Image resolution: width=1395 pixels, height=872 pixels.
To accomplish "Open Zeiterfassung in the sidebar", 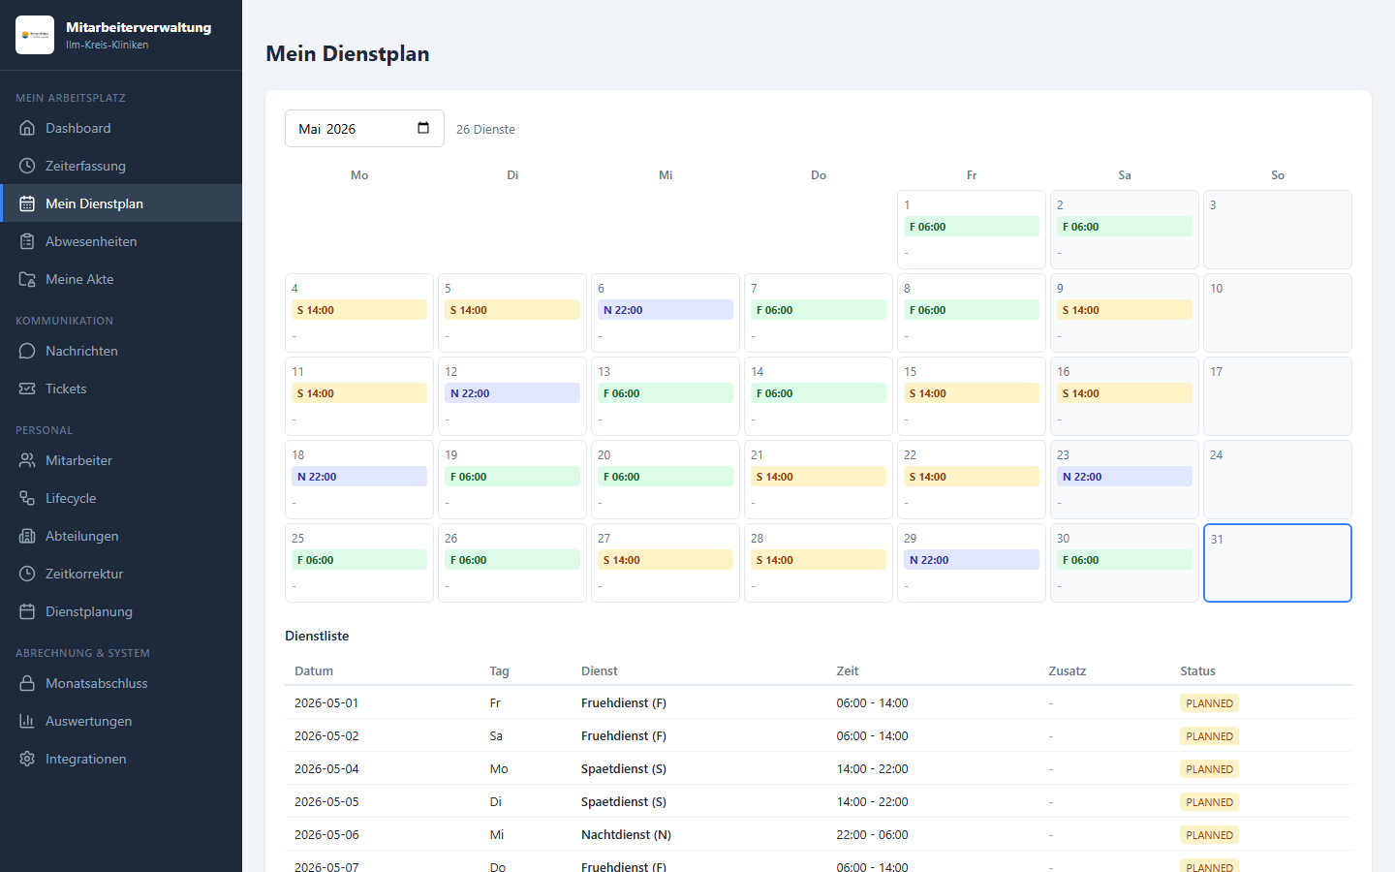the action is pyautogui.click(x=85, y=166).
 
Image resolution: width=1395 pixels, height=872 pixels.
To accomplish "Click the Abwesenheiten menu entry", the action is pyautogui.click(x=91, y=241).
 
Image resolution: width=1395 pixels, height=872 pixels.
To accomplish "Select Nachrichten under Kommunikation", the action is pyautogui.click(x=81, y=351).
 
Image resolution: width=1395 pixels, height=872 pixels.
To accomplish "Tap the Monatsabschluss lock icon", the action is pyautogui.click(x=27, y=683).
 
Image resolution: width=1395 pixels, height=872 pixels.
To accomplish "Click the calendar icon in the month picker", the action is pyautogui.click(x=423, y=128).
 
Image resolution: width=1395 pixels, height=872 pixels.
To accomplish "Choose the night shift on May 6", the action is pyautogui.click(x=666, y=310).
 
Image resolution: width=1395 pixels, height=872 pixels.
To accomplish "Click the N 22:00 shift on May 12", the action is pyautogui.click(x=511, y=393).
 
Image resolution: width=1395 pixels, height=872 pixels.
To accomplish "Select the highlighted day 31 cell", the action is pyautogui.click(x=1277, y=563).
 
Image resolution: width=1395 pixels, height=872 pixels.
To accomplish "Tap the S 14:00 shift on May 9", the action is pyautogui.click(x=1124, y=310).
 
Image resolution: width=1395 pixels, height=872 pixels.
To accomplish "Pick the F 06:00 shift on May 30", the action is pyautogui.click(x=1124, y=560).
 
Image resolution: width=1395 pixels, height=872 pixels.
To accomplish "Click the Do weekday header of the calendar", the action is pyautogui.click(x=819, y=175).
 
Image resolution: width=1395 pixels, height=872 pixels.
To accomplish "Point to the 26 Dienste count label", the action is pyautogui.click(x=485, y=129).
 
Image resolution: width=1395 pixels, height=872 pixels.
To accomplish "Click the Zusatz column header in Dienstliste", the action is pyautogui.click(x=1067, y=670).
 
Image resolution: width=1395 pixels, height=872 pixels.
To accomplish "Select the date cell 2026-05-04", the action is pyautogui.click(x=326, y=768).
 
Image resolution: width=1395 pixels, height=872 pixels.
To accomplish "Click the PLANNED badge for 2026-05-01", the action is pyautogui.click(x=1209, y=703).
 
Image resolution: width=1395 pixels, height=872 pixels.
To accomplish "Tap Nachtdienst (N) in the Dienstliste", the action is pyautogui.click(x=626, y=834).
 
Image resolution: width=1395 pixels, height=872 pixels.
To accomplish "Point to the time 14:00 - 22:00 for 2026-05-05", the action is pyautogui.click(x=872, y=801).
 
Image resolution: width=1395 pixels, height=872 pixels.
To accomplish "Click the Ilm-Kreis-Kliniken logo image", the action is pyautogui.click(x=35, y=35).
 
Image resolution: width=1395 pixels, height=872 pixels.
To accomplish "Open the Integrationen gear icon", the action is pyautogui.click(x=27, y=759).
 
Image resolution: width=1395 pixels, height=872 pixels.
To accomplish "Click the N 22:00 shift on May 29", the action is pyautogui.click(x=971, y=560).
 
